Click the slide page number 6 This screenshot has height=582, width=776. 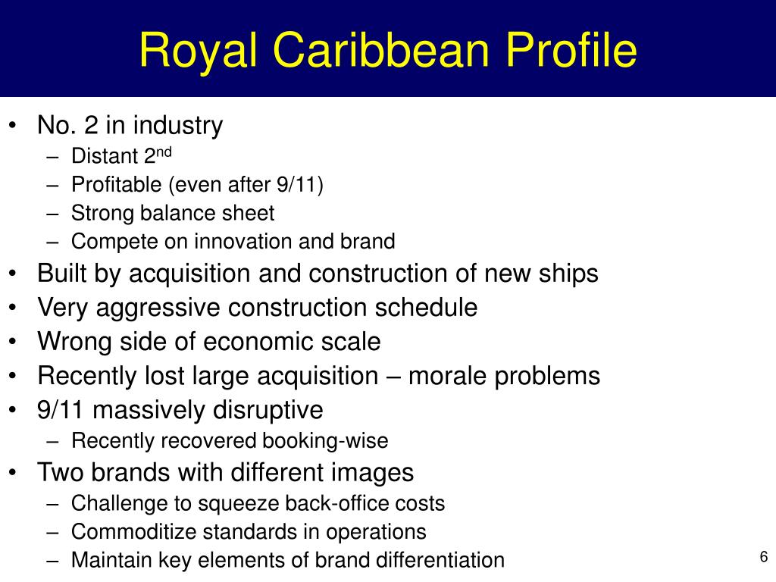point(764,557)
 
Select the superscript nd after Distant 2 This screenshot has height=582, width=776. point(164,152)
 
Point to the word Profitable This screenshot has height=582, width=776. point(116,185)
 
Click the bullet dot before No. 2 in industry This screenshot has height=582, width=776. point(13,125)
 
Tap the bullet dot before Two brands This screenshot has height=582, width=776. point(13,472)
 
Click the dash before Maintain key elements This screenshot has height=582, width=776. point(52,562)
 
